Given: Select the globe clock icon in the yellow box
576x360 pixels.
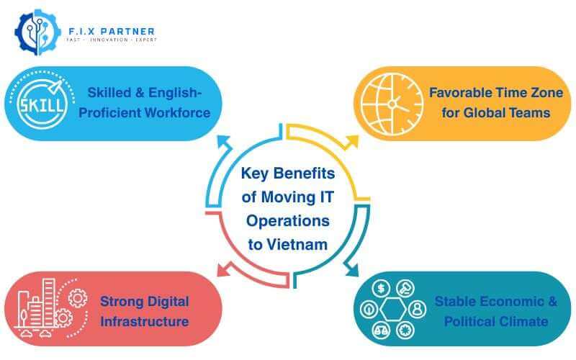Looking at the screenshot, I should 390,103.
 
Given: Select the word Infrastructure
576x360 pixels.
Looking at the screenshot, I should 145,321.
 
